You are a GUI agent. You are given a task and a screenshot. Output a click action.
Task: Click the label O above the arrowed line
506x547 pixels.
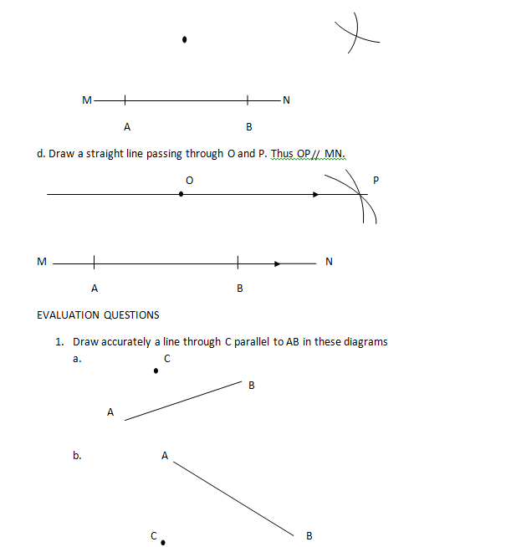(189, 180)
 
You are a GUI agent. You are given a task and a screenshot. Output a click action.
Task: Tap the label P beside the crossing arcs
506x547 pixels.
(376, 180)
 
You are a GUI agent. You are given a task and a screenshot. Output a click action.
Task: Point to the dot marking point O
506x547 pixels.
(181, 194)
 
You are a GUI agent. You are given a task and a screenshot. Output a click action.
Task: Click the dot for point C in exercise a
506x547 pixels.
(156, 370)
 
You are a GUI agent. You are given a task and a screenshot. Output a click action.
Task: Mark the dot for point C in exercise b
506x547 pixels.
(162, 542)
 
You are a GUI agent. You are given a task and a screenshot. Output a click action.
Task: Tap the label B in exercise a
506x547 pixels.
(251, 386)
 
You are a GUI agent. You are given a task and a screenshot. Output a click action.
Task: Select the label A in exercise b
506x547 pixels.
(164, 456)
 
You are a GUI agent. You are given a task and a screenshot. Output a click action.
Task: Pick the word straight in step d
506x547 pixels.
(128, 154)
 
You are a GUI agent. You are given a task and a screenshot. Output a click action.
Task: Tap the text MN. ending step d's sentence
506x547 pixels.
(334, 154)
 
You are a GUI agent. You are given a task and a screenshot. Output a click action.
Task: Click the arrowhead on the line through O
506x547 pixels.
(315, 194)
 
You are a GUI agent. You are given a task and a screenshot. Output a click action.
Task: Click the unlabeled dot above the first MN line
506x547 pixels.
(184, 38)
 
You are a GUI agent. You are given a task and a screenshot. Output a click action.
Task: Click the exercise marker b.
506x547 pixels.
(77, 456)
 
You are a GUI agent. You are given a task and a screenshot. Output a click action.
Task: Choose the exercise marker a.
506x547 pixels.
(77, 359)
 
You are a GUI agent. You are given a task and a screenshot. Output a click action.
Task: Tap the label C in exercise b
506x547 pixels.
(153, 535)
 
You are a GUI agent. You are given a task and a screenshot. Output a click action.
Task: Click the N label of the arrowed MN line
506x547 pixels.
(329, 262)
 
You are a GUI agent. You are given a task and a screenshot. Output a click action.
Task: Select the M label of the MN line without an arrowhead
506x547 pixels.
(86, 101)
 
